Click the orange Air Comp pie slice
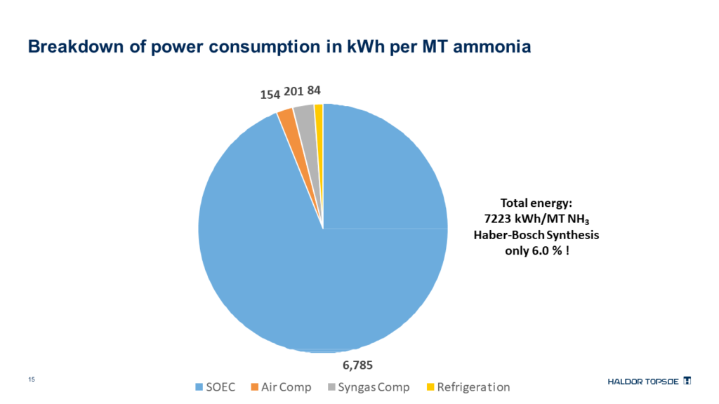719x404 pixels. (286, 117)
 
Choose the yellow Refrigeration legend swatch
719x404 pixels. (430, 387)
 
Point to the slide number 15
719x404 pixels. (31, 379)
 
